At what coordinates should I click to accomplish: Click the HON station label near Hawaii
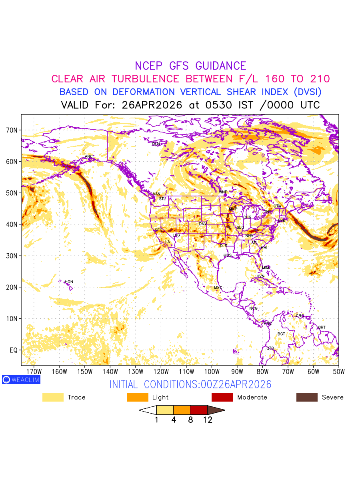coord(69,282)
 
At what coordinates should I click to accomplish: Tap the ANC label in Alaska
coord(89,156)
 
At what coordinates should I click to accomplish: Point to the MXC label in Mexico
coord(218,288)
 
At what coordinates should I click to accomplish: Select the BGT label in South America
coord(281,334)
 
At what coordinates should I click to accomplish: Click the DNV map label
coord(203,224)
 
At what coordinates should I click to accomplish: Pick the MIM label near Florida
coord(266,268)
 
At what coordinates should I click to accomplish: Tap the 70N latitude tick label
coord(14,130)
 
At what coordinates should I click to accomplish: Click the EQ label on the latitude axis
coord(14,350)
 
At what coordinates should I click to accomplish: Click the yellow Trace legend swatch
coord(53,397)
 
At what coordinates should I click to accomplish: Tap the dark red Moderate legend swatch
coord(222,397)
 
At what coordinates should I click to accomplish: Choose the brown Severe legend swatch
coord(307,397)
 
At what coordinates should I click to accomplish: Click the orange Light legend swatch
coord(138,397)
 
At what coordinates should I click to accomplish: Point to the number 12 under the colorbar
coord(208,420)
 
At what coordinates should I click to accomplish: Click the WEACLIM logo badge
coord(21,380)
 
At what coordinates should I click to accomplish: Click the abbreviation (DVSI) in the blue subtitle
coord(307,92)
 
